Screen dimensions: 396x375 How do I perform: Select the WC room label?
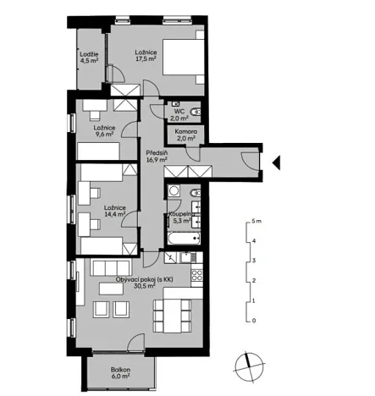tap(179, 111)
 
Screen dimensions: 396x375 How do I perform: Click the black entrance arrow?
tap(274, 159)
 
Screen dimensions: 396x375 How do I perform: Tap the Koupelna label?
tap(182, 215)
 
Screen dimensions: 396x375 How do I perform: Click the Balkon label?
tap(119, 371)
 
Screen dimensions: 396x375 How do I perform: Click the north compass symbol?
tap(246, 363)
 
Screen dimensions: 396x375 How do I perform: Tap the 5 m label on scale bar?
tap(257, 221)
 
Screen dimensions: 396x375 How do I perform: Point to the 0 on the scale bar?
tap(254, 321)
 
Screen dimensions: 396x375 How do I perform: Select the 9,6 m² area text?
tap(104, 134)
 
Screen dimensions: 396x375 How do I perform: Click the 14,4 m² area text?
tap(114, 215)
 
